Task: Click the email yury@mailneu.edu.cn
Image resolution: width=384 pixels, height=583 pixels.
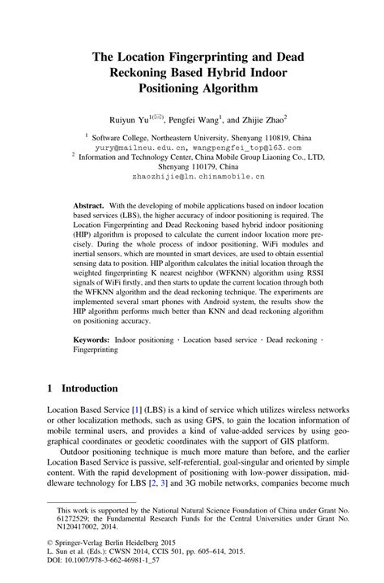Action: (x=143, y=148)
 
